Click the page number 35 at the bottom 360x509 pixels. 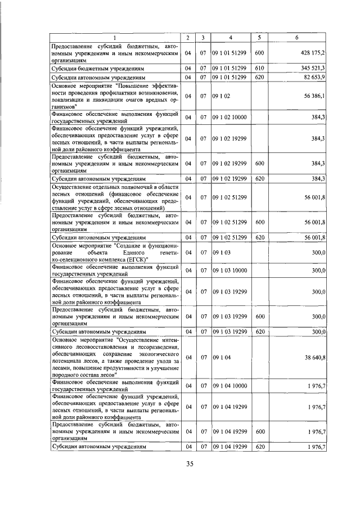tap(190, 463)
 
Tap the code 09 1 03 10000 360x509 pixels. tap(229, 271)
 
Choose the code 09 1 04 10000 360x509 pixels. tap(229, 385)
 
